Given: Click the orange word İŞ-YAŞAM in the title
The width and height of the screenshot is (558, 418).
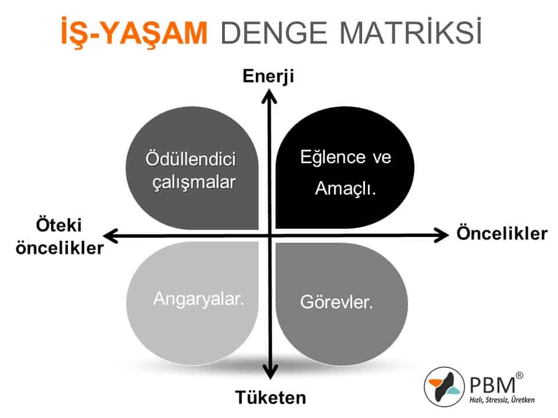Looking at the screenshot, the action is pyautogui.click(x=134, y=32).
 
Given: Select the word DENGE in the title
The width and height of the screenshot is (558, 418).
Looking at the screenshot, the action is pyautogui.click(x=274, y=33).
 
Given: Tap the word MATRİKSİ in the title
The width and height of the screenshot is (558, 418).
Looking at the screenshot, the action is pyautogui.click(x=411, y=31).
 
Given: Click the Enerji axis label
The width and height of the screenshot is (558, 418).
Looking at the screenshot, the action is pyautogui.click(x=269, y=77).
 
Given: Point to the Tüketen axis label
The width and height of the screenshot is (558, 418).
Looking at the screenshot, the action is pyautogui.click(x=270, y=397).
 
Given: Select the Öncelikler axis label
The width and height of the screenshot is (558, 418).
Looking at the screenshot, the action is pyautogui.click(x=502, y=233).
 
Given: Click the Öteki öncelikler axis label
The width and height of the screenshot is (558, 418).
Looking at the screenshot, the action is pyautogui.click(x=59, y=236).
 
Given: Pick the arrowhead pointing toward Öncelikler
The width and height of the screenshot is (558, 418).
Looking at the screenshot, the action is pyautogui.click(x=442, y=235).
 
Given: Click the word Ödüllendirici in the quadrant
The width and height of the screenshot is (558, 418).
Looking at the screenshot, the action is pyautogui.click(x=191, y=158).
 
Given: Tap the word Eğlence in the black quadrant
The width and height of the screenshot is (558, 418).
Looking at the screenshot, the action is pyautogui.click(x=332, y=157).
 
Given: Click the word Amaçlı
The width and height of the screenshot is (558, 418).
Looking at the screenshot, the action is pyautogui.click(x=345, y=188).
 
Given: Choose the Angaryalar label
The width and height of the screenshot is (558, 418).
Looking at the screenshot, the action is pyautogui.click(x=199, y=299).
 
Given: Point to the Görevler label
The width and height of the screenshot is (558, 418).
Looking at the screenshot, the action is pyautogui.click(x=337, y=302).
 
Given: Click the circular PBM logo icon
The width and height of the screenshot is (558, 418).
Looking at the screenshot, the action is pyautogui.click(x=444, y=387).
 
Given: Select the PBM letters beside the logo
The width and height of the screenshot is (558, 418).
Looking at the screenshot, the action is pyautogui.click(x=492, y=385).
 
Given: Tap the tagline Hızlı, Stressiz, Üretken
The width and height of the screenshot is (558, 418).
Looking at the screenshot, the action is pyautogui.click(x=502, y=400).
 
